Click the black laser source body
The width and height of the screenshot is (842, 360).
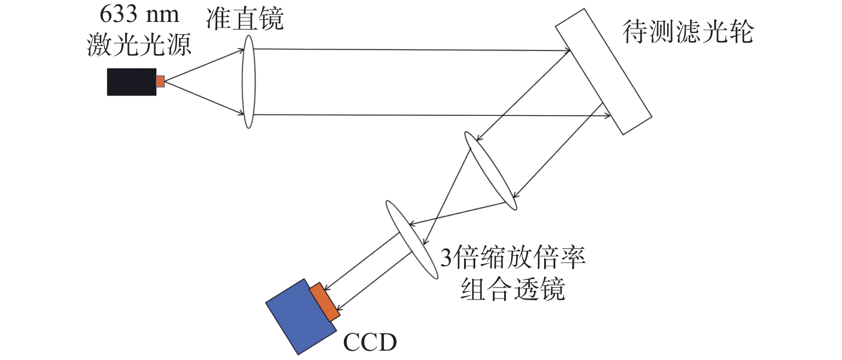click(x=131, y=82)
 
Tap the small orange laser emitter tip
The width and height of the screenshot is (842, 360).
click(x=160, y=81)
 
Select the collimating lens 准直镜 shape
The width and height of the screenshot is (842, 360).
click(x=249, y=82)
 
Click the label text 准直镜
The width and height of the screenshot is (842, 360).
click(x=245, y=20)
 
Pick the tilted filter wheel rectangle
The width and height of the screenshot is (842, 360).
click(x=603, y=72)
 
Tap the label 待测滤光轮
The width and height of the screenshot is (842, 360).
click(x=688, y=33)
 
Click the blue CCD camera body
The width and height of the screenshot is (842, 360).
click(x=299, y=318)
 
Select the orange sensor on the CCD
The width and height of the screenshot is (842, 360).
click(x=324, y=302)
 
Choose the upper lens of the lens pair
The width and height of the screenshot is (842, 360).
click(x=490, y=171)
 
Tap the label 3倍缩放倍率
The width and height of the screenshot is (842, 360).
click(x=513, y=258)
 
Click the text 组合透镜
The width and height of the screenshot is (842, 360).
click(x=513, y=289)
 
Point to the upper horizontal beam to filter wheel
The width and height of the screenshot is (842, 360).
click(x=411, y=49)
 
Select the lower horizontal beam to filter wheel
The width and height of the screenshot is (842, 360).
click(x=428, y=115)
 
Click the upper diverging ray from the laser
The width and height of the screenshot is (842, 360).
click(x=203, y=65)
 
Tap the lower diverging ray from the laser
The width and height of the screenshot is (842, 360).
click(x=203, y=98)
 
